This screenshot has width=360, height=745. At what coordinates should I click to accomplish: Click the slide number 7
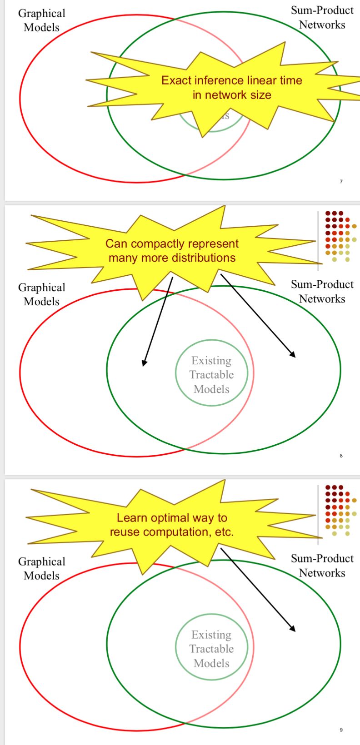coord(341,182)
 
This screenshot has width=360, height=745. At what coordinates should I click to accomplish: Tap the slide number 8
coord(341,456)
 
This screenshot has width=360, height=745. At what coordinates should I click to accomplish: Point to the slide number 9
coord(341,730)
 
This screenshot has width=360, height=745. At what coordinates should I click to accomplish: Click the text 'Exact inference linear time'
coord(231,80)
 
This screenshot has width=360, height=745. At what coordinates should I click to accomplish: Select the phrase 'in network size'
coord(231,94)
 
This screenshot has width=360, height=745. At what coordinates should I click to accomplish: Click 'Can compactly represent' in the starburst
coord(172,244)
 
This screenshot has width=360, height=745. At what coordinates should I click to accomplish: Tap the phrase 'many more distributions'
coord(172,258)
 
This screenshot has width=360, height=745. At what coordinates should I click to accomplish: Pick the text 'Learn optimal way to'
coord(172,518)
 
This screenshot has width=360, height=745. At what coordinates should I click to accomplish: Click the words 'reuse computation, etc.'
coord(172,532)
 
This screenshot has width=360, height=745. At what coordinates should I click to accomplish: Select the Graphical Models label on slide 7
coord(41,20)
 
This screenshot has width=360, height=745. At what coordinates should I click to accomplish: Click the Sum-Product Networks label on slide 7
coord(322,18)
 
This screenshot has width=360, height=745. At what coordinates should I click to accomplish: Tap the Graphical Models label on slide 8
coord(41,294)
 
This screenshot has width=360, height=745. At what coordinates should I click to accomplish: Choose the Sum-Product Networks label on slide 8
coord(322,292)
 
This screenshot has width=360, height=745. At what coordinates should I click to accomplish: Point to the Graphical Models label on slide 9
coord(41,569)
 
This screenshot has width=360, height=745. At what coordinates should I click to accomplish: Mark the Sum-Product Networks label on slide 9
coord(322,566)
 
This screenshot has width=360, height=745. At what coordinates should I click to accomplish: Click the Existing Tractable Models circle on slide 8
coord(211,375)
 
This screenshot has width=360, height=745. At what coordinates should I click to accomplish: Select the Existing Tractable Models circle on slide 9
coord(211,649)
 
